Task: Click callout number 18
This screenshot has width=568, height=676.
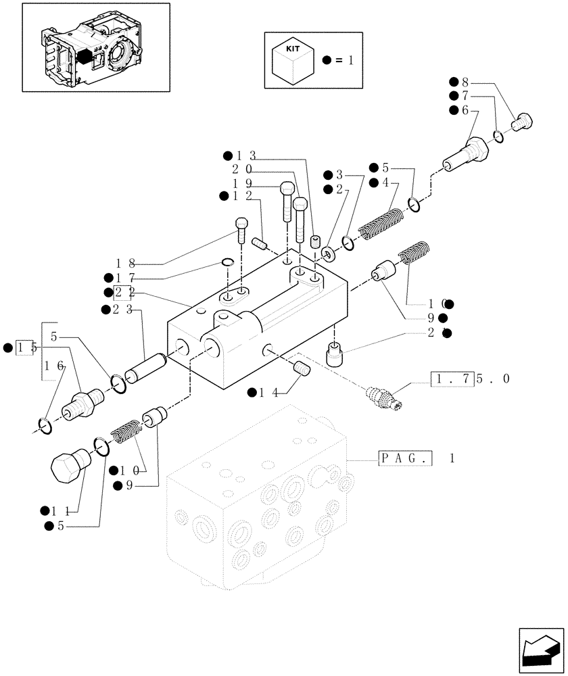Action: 122,263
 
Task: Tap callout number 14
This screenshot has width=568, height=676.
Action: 266,392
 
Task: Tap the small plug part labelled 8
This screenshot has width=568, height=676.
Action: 523,122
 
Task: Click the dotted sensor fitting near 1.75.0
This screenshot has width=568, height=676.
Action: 383,398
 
